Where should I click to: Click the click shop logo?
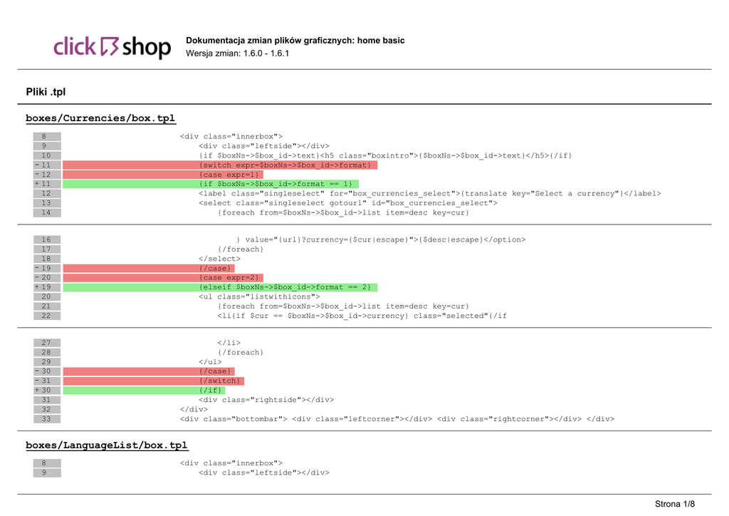(112, 47)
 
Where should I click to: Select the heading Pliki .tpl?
(46, 92)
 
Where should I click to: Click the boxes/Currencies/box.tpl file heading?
(100, 118)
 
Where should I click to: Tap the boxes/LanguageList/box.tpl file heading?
(107, 445)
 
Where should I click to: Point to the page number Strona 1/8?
(674, 504)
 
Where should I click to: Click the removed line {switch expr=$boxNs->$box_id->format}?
(285, 165)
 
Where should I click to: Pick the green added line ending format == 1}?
(276, 184)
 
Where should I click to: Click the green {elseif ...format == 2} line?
(285, 287)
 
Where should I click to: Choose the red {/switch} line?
(221, 381)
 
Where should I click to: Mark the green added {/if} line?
(211, 391)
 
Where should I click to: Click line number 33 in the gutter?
(46, 419)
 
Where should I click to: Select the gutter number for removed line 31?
(46, 381)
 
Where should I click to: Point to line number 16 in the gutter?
(46, 239)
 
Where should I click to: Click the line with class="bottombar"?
(397, 419)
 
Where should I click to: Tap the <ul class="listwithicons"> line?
(259, 296)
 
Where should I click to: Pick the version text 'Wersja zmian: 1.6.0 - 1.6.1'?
(237, 53)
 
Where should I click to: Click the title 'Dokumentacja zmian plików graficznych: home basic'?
(295, 41)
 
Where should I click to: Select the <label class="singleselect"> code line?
(429, 193)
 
